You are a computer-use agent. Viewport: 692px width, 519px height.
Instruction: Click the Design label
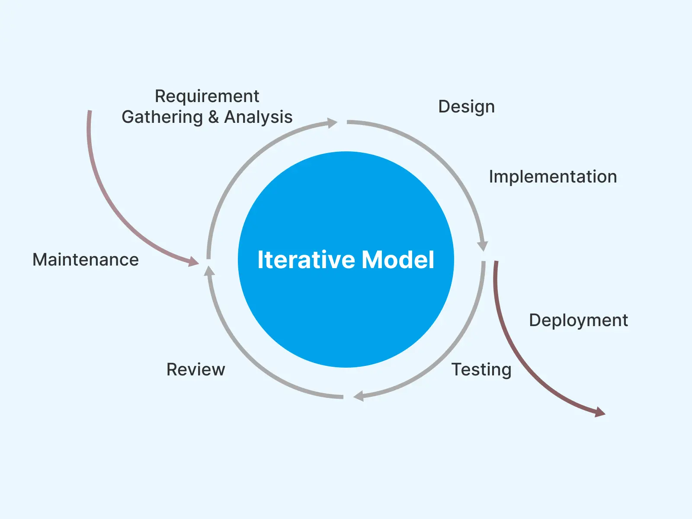(466, 106)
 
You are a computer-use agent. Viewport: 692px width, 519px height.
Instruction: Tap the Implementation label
(553, 176)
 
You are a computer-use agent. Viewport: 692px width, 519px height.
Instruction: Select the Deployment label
(578, 320)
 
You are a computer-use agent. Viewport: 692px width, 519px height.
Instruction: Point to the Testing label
(481, 370)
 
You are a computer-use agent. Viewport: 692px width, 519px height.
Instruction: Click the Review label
(195, 370)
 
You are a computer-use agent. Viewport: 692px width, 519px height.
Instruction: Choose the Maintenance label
(86, 259)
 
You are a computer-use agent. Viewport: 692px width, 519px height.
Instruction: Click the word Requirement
(207, 96)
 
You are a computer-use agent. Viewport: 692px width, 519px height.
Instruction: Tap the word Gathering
(162, 117)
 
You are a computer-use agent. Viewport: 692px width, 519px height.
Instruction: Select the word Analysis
(258, 117)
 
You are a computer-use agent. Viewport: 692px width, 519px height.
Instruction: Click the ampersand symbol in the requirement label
(213, 117)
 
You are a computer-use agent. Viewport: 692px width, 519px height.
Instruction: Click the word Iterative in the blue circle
(306, 260)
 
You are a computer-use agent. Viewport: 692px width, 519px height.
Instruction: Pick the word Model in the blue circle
(398, 260)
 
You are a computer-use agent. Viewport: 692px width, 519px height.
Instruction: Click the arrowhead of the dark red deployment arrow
(600, 413)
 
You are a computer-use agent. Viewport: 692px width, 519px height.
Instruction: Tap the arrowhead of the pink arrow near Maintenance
(193, 261)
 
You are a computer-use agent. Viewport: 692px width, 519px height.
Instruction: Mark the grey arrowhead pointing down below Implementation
(483, 246)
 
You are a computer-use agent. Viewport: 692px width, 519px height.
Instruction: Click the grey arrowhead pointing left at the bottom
(359, 396)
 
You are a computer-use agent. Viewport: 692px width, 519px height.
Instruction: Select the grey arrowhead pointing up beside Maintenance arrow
(209, 271)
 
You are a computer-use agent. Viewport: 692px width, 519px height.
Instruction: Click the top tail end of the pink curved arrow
(90, 112)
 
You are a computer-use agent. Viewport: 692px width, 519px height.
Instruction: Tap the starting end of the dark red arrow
(496, 263)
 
